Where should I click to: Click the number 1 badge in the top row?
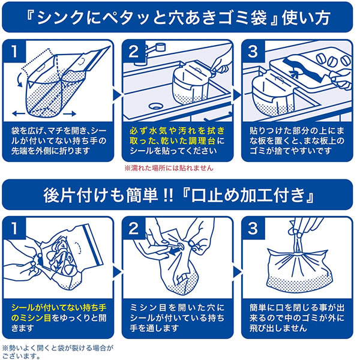coord(14,51)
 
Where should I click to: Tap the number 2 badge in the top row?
coord(134,51)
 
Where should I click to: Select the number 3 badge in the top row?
coord(253,51)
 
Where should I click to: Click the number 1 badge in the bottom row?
coord(14,229)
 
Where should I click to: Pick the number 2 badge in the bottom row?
coord(134,229)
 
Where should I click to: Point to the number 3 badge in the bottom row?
coord(253,229)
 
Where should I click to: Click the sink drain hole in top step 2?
coord(155,106)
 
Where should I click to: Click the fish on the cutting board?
coord(302,68)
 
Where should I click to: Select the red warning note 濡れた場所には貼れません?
coord(169,168)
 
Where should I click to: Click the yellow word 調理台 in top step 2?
coord(202,141)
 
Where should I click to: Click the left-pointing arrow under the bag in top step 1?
coord(19,113)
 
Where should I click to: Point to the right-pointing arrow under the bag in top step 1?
coord(70,113)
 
